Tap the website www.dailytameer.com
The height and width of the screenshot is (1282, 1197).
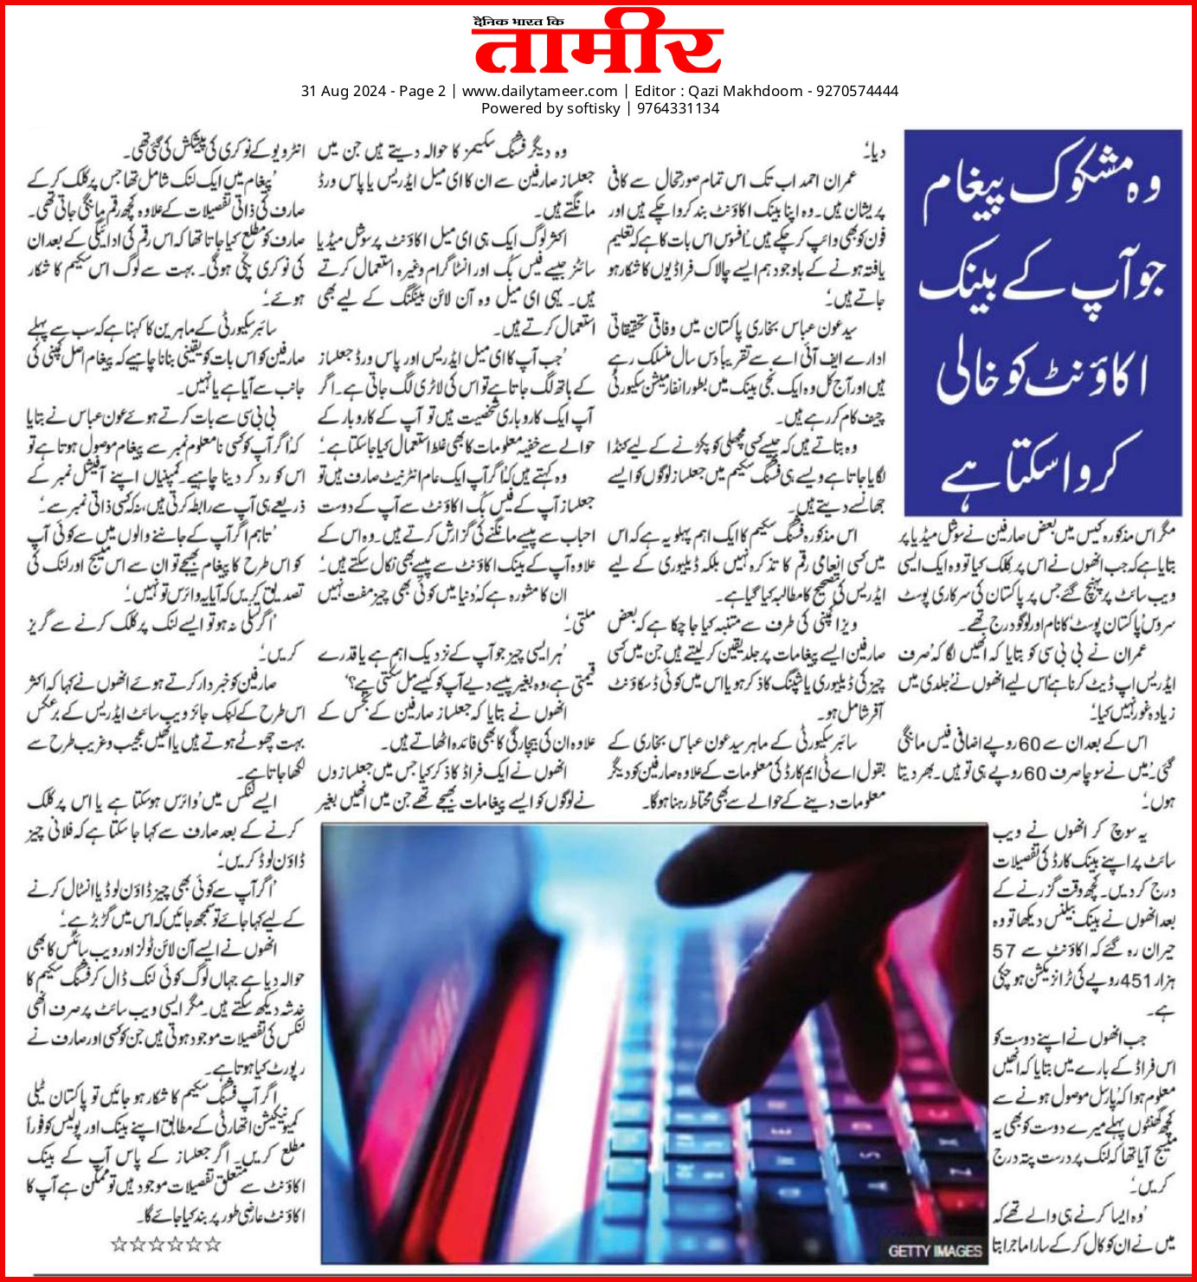tap(539, 91)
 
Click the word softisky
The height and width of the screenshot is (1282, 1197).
tap(593, 108)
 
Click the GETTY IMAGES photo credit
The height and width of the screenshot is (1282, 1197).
tap(934, 1251)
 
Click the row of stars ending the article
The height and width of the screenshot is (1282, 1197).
tap(166, 1245)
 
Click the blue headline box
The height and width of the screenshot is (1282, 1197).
tap(1043, 322)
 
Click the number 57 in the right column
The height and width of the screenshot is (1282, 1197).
tap(1004, 950)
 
